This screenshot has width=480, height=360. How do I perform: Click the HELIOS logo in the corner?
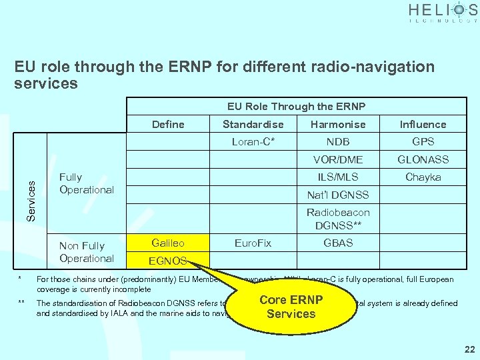click(443, 13)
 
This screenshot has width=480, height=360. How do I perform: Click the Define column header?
click(168, 124)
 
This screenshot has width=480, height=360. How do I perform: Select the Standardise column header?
click(253, 124)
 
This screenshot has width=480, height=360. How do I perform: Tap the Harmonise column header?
click(338, 124)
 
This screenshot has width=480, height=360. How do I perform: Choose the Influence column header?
click(423, 124)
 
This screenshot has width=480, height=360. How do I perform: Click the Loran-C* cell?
click(253, 141)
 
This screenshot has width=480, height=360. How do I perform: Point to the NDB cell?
click(338, 141)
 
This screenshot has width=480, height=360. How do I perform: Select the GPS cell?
click(423, 141)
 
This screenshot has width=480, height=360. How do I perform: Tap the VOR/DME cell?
click(338, 159)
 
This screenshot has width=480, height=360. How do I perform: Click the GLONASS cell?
click(423, 159)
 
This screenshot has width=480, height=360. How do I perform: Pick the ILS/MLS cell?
click(338, 177)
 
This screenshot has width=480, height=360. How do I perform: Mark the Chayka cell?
click(423, 177)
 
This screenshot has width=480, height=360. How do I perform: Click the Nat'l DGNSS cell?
click(338, 195)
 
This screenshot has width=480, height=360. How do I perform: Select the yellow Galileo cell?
click(168, 243)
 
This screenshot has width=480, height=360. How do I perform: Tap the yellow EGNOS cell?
click(168, 261)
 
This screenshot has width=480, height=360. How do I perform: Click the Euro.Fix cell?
click(253, 243)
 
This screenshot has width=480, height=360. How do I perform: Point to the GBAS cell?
click(338, 243)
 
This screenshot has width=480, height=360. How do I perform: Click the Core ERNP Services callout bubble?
click(291, 306)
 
